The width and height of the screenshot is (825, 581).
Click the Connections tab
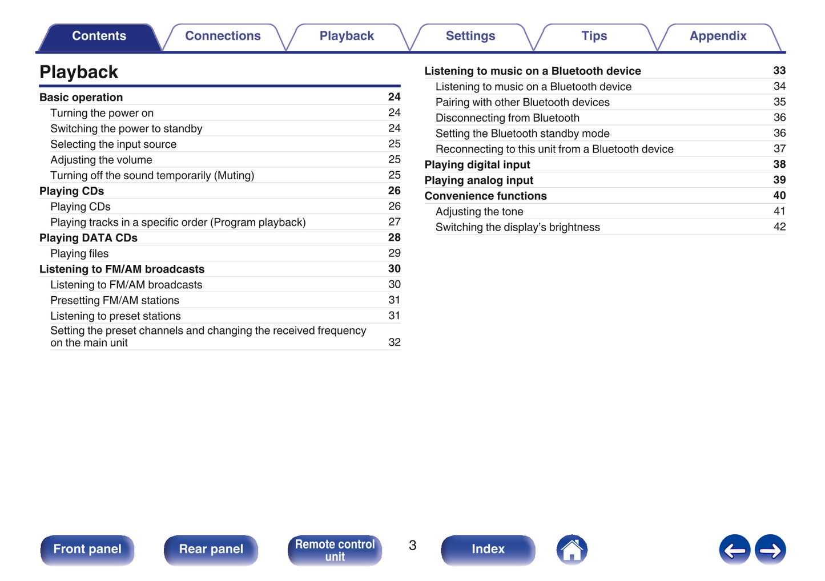(x=223, y=36)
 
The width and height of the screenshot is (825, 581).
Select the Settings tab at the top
(x=470, y=36)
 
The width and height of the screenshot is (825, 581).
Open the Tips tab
(x=594, y=36)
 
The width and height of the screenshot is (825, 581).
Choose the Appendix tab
(x=718, y=36)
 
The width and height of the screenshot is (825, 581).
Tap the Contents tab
(x=99, y=36)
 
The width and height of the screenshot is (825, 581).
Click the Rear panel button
(x=211, y=549)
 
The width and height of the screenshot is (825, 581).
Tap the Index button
(x=488, y=549)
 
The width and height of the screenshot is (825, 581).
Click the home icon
(x=572, y=550)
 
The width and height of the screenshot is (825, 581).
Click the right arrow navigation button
(x=770, y=550)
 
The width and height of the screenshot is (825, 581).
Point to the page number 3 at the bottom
(x=412, y=546)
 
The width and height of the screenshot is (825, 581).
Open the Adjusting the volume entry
(x=101, y=160)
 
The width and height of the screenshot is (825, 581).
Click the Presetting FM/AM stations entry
(x=115, y=300)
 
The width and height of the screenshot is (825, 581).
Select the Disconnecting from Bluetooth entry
(x=507, y=118)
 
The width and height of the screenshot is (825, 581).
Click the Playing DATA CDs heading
(x=88, y=238)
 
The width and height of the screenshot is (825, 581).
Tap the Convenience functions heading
(x=485, y=196)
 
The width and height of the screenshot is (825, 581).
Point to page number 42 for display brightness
(x=779, y=227)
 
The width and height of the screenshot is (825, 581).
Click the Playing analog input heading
(x=478, y=180)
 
